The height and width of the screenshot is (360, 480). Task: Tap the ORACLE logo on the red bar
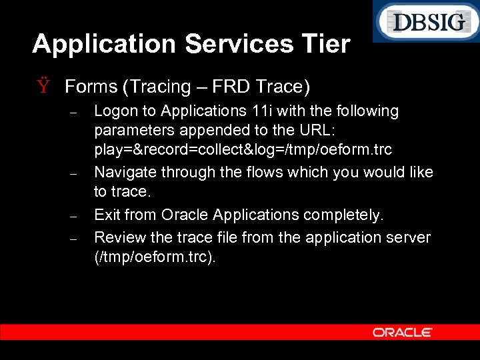(403, 332)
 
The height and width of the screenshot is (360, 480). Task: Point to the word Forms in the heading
(91, 87)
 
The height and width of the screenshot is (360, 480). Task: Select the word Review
(117, 237)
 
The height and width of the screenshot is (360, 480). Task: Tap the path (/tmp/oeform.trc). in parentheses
(155, 257)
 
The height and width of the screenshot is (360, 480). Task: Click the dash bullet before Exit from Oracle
(75, 217)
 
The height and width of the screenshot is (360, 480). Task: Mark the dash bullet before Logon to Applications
(75, 113)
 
